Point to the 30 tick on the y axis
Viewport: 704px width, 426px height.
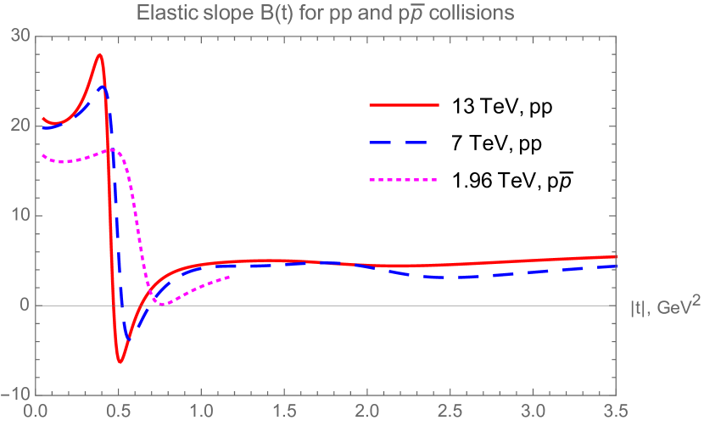[20, 36]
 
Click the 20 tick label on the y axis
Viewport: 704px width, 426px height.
[20, 126]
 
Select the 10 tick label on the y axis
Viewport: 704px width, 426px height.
[20, 216]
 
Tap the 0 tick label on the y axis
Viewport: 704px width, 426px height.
[25, 305]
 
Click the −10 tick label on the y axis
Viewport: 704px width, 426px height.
[17, 395]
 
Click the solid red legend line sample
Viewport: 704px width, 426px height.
[404, 105]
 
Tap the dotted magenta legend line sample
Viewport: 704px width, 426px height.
[404, 180]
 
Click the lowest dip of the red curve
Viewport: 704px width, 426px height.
[120, 362]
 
